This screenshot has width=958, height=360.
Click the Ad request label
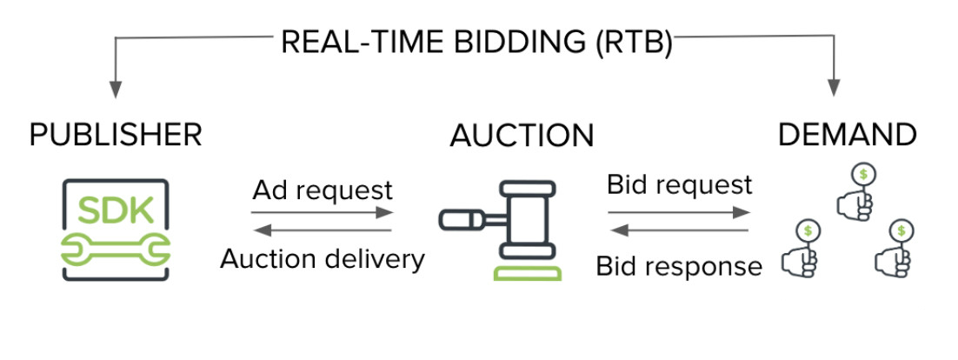(x=323, y=190)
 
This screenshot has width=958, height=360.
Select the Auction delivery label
(x=323, y=258)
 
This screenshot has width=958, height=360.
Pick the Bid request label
(x=678, y=185)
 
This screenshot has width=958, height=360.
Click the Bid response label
(x=678, y=266)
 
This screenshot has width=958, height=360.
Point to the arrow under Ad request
(x=323, y=211)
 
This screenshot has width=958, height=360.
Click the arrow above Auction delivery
(x=323, y=230)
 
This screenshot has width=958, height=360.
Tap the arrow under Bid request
(x=678, y=211)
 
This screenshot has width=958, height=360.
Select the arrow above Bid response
(x=678, y=230)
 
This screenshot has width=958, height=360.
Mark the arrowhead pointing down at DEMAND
(x=835, y=88)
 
